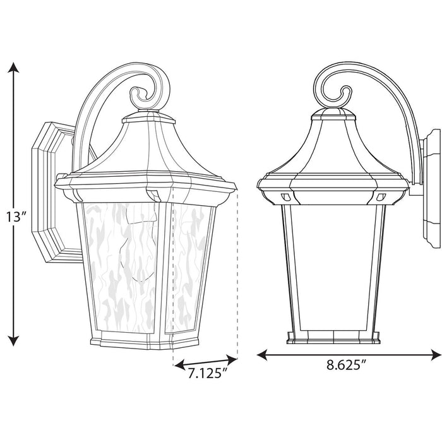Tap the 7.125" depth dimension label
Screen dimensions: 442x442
pos(207,373)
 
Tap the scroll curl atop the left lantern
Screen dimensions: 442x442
pos(144,95)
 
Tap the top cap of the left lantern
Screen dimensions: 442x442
pos(148,117)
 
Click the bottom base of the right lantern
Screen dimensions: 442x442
pos(332,337)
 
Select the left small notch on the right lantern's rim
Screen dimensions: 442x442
pos(285,198)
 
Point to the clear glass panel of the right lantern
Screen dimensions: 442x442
pos(332,265)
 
